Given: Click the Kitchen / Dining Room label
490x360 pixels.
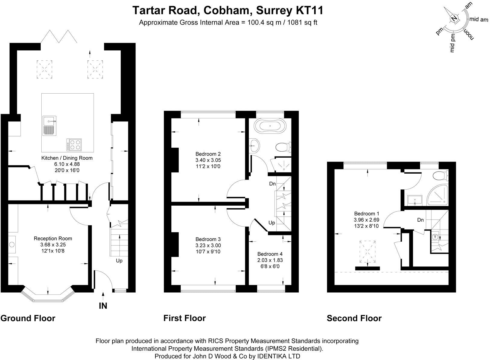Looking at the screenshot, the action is (x=67, y=158).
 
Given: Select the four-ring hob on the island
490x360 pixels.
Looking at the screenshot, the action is (x=74, y=145).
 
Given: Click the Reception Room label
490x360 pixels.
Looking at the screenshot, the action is (x=53, y=239).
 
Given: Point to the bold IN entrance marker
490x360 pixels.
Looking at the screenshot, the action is (x=103, y=306).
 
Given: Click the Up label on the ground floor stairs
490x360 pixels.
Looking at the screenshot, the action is (x=119, y=261).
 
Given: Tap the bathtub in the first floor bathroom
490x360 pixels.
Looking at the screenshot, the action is (x=270, y=126).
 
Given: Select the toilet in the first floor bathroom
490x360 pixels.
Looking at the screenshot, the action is (x=284, y=147).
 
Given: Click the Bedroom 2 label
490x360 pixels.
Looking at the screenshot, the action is (x=208, y=154).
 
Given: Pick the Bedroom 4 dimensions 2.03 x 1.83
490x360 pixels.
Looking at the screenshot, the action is (x=270, y=260).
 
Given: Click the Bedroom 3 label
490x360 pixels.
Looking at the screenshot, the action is (x=208, y=239).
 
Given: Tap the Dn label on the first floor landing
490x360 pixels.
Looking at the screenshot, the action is (x=272, y=184).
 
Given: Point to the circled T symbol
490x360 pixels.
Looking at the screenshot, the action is (x=435, y=237).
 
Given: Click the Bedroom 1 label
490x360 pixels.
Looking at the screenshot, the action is (x=367, y=214).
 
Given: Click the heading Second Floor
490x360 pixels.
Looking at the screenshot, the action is (x=354, y=318).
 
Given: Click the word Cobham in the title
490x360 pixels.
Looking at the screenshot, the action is (x=226, y=10).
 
